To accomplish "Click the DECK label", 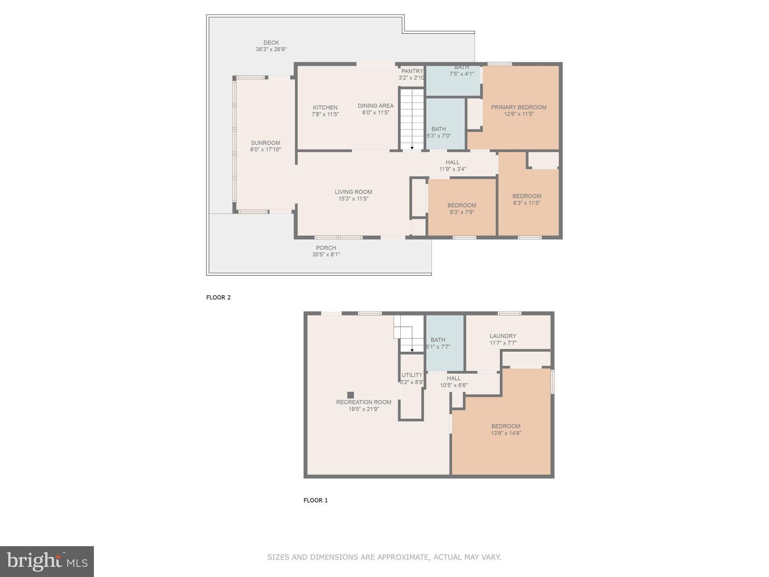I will pos(271,43).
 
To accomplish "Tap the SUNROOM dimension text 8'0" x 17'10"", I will pos(265,150).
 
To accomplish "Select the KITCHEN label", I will pos(325,107).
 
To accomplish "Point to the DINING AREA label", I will pos(375,106).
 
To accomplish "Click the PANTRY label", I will pos(412,71).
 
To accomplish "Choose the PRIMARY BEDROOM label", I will pos(519,107).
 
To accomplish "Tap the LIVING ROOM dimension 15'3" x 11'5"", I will pos(353,199).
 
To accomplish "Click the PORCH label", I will pos(326,248).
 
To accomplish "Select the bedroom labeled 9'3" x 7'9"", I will pos(461,209).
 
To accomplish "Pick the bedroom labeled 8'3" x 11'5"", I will pos(526,199).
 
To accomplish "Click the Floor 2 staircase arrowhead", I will pos(412,148).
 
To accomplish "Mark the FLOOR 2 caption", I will pos(218,298).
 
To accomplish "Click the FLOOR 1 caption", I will pos(315,500).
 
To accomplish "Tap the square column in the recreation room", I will pos(350,395).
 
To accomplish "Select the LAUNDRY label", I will pos(503,336).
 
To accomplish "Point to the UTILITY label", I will pos(412,375).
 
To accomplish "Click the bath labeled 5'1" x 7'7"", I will pos(438,343).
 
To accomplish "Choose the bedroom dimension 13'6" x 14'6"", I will pos(506,433).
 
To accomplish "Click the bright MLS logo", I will pos(47,561).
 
